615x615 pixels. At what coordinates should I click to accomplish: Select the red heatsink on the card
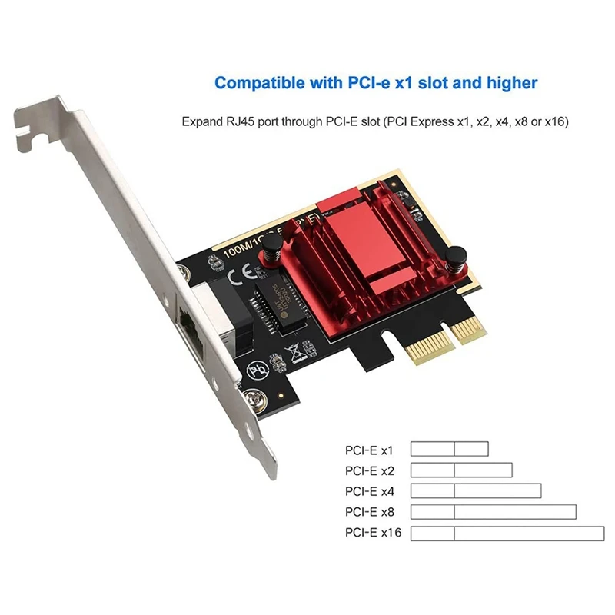[x=362, y=261]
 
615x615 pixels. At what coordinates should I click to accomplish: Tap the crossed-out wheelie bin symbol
[x=293, y=353]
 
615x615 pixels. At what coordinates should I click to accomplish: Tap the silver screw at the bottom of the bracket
[x=252, y=398]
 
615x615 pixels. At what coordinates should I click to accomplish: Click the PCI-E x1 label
[x=368, y=450]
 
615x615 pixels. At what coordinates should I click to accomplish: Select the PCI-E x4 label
[x=368, y=491]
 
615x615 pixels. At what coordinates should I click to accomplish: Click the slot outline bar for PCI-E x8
[x=493, y=512]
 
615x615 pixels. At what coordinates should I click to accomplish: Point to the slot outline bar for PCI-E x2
[x=461, y=470]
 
